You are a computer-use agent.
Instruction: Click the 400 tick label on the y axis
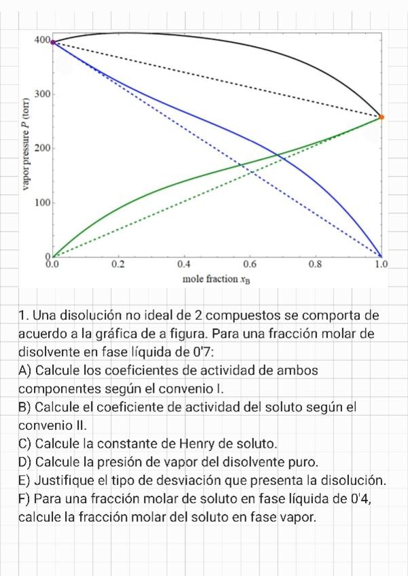[x=41, y=41]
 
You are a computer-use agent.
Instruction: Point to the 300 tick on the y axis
[x=41, y=94]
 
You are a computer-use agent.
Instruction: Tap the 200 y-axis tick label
[x=41, y=148]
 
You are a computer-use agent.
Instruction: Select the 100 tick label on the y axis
[x=41, y=202]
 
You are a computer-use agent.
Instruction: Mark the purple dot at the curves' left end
[x=53, y=42]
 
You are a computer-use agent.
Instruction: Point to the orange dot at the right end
[x=382, y=117]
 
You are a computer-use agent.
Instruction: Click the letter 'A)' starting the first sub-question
[x=26, y=371]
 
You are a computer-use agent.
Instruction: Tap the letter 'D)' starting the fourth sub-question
[x=26, y=463]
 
